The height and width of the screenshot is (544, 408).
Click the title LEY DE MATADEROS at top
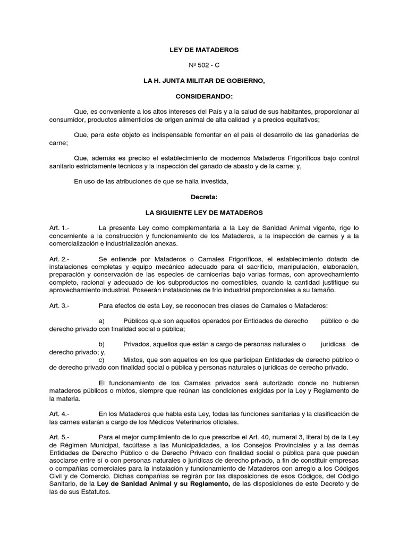[x=204, y=50]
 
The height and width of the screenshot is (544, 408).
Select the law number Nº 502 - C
[x=204, y=65]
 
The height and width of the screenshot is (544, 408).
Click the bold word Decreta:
[x=204, y=197]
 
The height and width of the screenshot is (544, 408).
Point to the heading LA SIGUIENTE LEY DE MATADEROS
[x=204, y=212]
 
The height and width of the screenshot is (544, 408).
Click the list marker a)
[x=103, y=321]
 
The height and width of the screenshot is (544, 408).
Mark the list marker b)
[x=103, y=344]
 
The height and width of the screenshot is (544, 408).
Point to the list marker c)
[x=103, y=360]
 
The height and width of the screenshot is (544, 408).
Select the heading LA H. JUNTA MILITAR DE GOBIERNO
[x=204, y=81]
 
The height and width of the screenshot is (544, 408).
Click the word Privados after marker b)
[x=137, y=344]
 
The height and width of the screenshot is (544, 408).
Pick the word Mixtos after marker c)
[x=134, y=360]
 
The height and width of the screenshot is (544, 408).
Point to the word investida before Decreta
[x=214, y=182]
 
